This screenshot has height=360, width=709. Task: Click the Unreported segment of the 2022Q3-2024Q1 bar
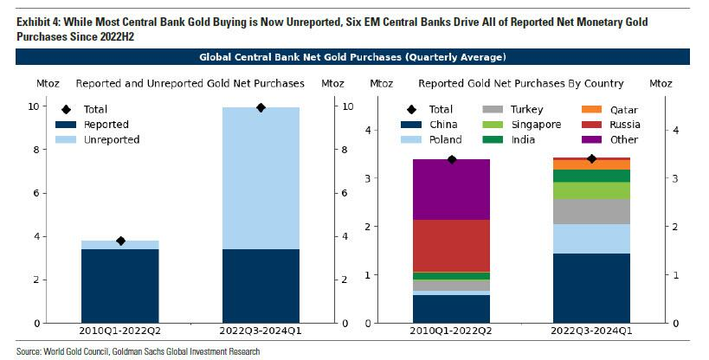pyautogui.click(x=261, y=177)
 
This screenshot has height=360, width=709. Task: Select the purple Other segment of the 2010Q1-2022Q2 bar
pyautogui.click(x=451, y=189)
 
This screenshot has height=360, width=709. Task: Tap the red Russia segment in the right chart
pyautogui.click(x=451, y=246)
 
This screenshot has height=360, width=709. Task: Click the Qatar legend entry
pyautogui.click(x=600, y=110)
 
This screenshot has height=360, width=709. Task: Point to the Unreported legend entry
pyautogui.click(x=112, y=139)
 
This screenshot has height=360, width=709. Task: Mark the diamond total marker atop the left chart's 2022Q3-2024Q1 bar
pyautogui.click(x=261, y=107)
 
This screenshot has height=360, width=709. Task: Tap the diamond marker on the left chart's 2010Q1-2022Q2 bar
pyautogui.click(x=120, y=241)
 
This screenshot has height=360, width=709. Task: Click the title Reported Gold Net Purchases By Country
pyautogui.click(x=520, y=84)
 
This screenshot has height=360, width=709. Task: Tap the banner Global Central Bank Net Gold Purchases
pyautogui.click(x=352, y=57)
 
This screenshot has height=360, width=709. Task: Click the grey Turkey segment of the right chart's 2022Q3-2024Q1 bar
pyautogui.click(x=592, y=212)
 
